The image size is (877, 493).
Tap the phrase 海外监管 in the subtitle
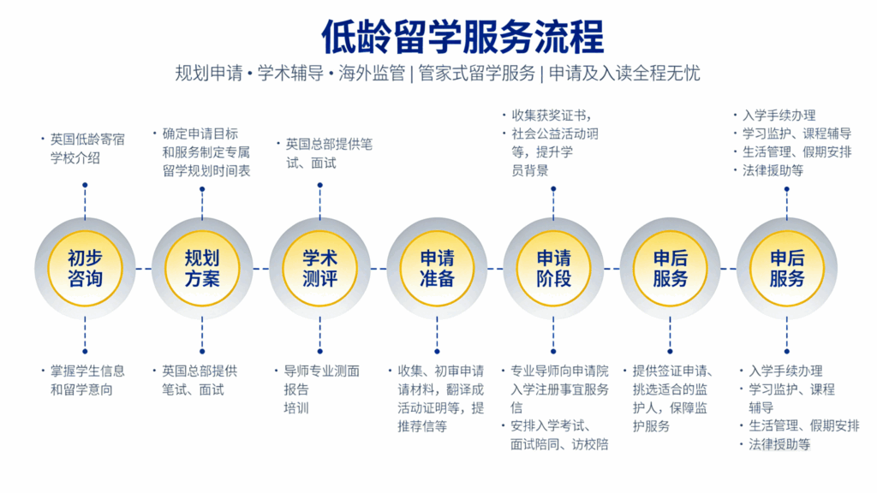367,73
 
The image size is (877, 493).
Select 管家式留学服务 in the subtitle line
476,73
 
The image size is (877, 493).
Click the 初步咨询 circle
85,268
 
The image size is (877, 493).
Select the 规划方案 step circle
202,268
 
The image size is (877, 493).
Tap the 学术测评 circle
319,268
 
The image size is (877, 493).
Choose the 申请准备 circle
437,268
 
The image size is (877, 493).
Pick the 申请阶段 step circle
553,268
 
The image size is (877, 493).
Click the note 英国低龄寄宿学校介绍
85,148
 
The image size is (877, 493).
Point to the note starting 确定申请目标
206,152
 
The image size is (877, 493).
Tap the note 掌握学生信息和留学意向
85,380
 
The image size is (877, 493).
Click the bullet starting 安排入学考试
557,435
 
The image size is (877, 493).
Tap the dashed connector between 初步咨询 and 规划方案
143,268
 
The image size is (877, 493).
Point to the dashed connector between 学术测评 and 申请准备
378,268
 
